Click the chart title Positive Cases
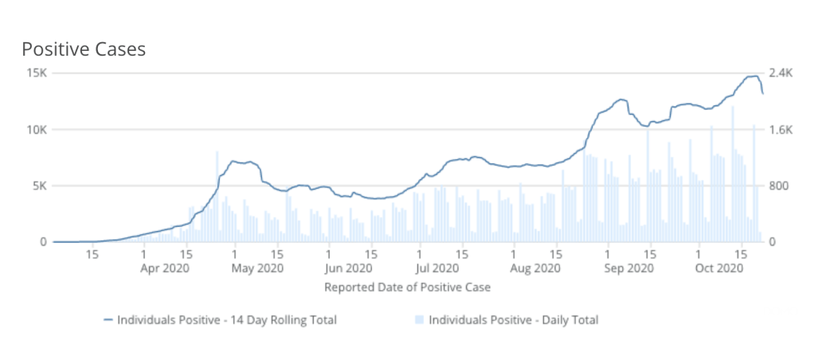click(84, 49)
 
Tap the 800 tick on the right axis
click(779, 186)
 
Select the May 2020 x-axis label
click(252, 268)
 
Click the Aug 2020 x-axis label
click(535, 268)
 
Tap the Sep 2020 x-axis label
click(629, 268)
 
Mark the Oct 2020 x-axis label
click(718, 268)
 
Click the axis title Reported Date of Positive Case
click(407, 286)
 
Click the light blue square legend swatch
click(419, 320)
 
